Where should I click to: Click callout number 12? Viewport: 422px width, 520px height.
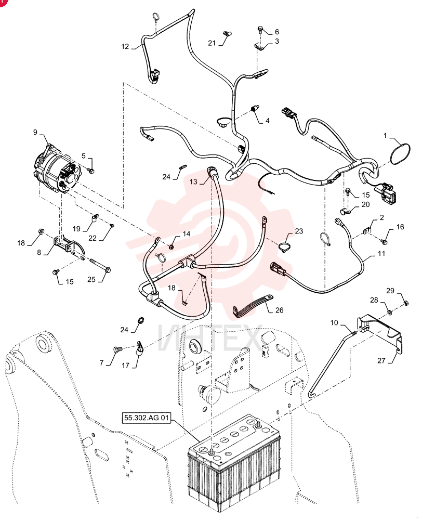[125, 47]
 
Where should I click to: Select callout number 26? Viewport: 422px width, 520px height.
[280, 310]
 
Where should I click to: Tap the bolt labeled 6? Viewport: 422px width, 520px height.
[260, 30]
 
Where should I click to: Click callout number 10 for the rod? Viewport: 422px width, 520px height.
[334, 322]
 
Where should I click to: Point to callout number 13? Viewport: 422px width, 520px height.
[193, 181]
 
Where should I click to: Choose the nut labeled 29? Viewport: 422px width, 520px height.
[406, 302]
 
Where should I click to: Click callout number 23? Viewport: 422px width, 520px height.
[299, 231]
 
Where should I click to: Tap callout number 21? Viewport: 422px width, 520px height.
[212, 43]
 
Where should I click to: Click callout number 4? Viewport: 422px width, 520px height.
[267, 121]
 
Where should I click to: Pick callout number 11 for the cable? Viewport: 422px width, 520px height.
[381, 253]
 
